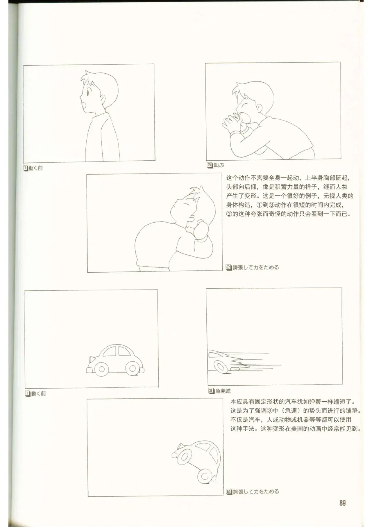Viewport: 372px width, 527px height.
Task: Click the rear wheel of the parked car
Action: [102, 369]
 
